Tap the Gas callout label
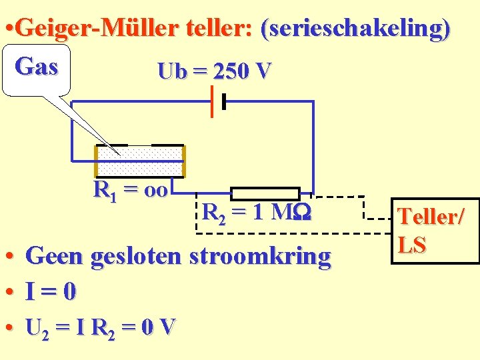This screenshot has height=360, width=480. [36, 67]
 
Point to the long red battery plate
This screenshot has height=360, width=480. [212, 101]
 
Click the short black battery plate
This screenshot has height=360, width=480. [224, 101]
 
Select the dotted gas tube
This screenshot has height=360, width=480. [140, 161]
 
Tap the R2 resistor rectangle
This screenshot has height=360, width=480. [265, 193]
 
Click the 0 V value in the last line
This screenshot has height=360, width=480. [161, 327]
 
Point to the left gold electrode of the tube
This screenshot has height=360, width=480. [96, 161]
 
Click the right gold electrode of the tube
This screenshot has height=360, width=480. [183, 161]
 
